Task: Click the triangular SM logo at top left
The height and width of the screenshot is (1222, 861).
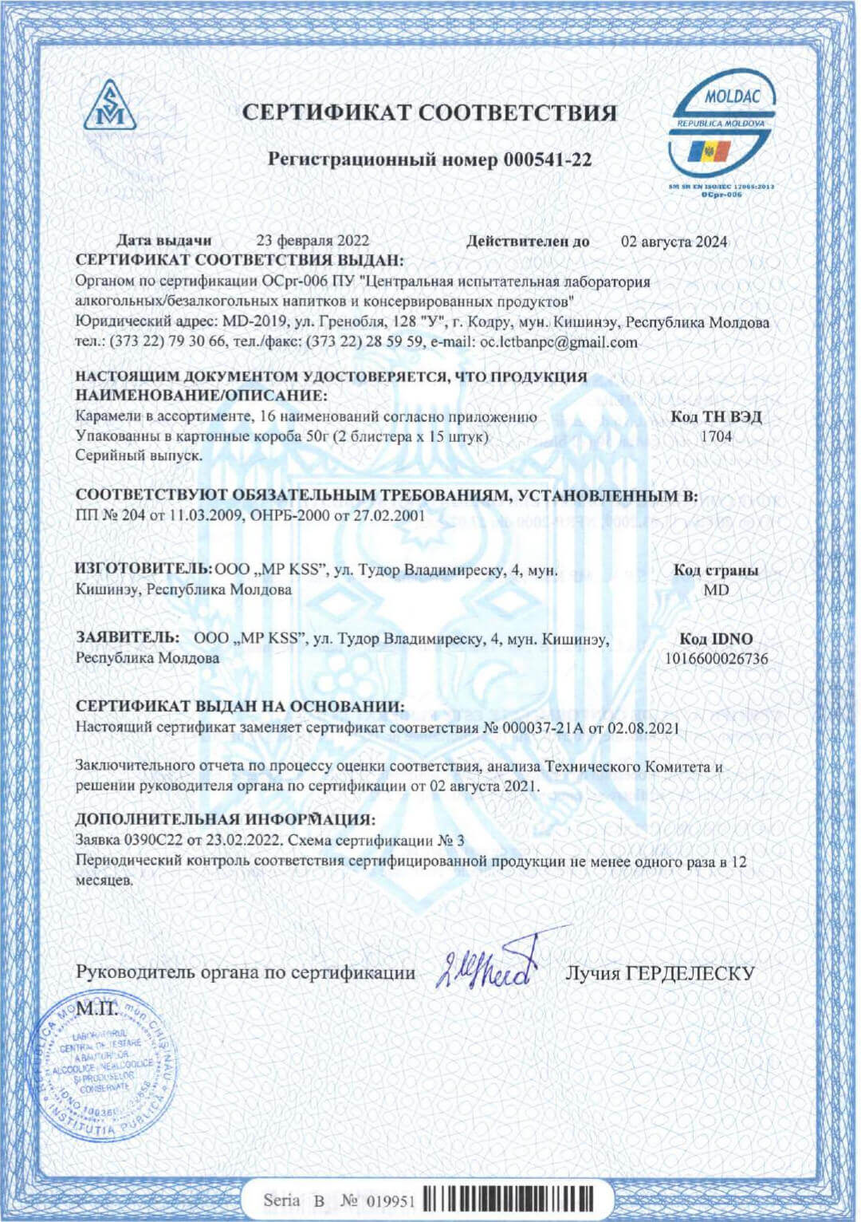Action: [110, 106]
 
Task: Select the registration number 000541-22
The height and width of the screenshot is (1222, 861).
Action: [547, 160]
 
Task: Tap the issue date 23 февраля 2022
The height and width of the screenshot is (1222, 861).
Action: [313, 241]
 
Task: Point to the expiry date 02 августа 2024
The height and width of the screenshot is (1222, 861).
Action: [674, 242]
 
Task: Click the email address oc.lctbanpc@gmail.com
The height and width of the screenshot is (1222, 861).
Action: [558, 342]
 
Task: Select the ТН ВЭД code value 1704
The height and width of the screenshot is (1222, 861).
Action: [715, 436]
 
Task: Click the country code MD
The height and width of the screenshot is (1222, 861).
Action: [716, 590]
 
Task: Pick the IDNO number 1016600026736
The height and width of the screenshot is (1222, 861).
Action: [716, 659]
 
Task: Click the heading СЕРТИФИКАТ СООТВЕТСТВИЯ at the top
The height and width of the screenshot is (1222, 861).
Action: [430, 112]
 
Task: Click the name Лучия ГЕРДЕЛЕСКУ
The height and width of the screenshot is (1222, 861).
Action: [659, 973]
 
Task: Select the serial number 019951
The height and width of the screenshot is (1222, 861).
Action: [391, 1201]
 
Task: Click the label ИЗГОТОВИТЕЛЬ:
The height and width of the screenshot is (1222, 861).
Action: [143, 570]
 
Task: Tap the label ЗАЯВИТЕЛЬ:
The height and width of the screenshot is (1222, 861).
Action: [128, 638]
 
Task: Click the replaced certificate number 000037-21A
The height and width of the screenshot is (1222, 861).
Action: [533, 727]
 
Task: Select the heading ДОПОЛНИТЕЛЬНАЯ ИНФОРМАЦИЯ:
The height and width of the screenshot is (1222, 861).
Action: [225, 819]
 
